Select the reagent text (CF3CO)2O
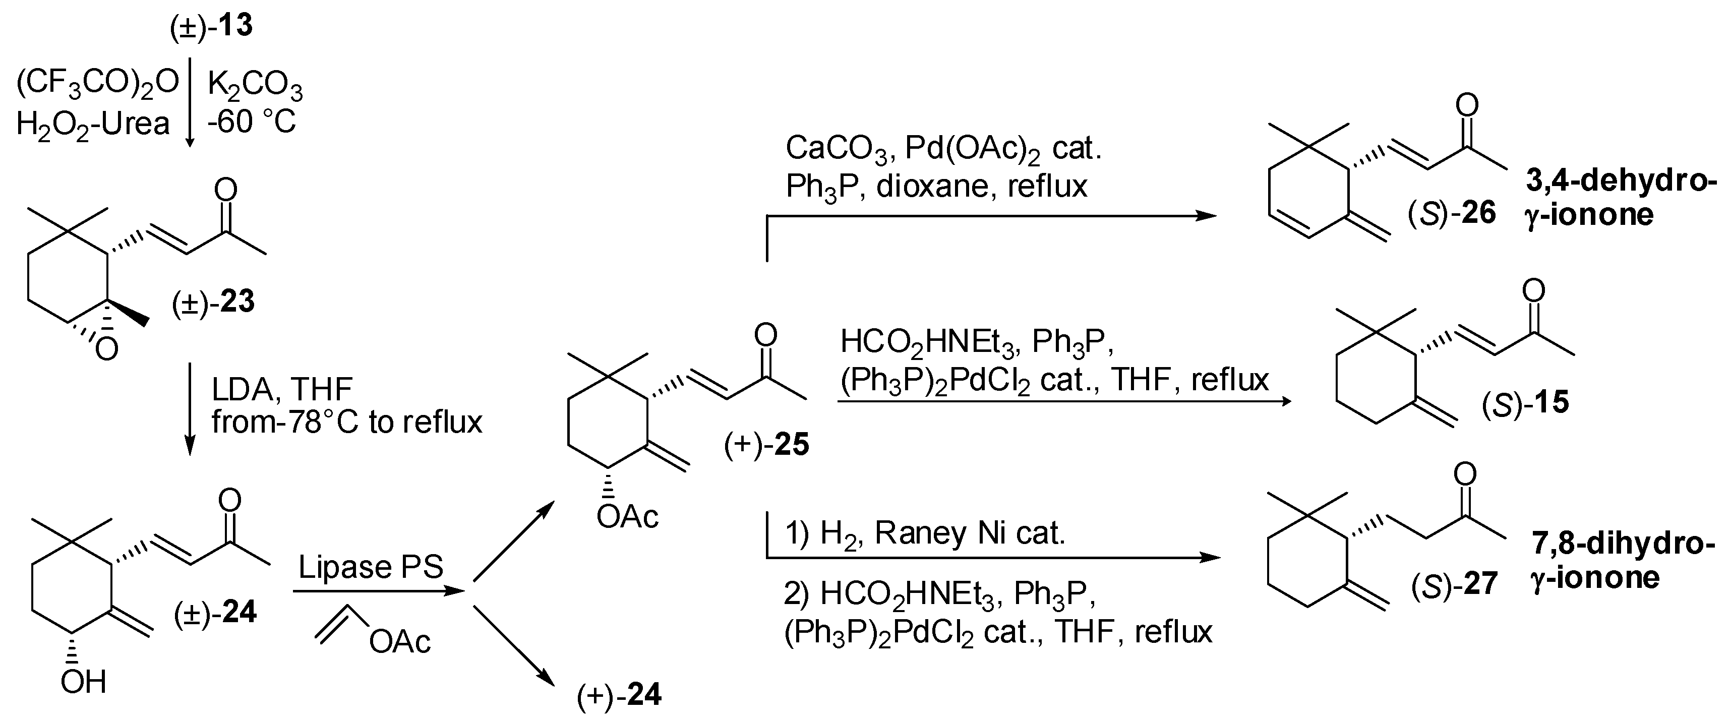click(x=97, y=83)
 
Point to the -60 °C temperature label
click(x=251, y=122)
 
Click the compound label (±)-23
click(x=214, y=302)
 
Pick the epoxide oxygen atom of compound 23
click(x=106, y=348)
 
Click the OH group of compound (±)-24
click(x=83, y=683)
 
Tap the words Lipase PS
click(x=371, y=567)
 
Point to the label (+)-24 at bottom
click(x=619, y=695)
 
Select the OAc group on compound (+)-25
click(x=627, y=517)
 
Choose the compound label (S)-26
click(x=1452, y=213)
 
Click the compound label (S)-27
click(x=1454, y=584)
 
